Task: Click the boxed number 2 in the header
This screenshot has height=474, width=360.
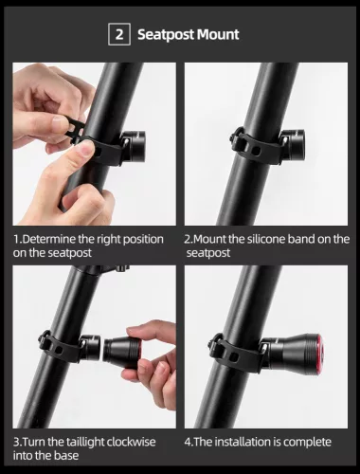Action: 119,35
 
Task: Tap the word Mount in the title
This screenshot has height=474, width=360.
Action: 221,35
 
